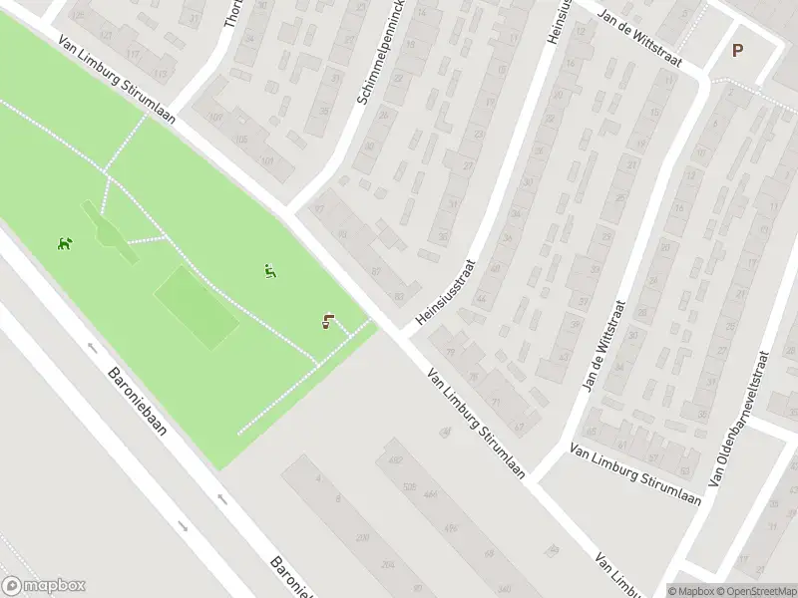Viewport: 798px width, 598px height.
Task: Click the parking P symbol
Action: click(x=738, y=51)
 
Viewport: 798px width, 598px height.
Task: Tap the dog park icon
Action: click(x=65, y=242)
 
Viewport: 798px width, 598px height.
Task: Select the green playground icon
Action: click(x=269, y=270)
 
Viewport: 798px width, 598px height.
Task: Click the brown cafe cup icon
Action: click(x=327, y=321)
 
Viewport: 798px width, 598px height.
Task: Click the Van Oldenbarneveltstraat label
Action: click(x=739, y=419)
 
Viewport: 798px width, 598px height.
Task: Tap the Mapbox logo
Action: click(x=44, y=586)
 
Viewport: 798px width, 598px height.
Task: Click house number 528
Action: click(x=409, y=487)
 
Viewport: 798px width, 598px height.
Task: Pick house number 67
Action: click(x=519, y=426)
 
